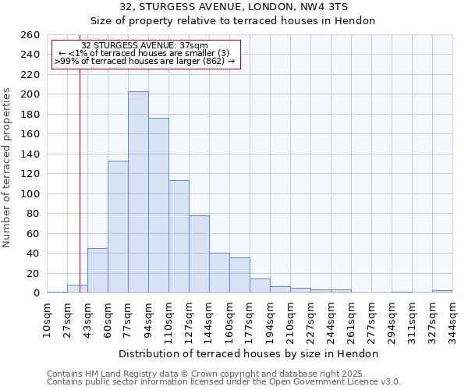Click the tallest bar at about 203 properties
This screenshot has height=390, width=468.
138,192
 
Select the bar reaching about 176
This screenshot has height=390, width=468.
158,205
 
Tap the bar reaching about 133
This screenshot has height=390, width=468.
118,226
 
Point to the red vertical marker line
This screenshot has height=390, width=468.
80,172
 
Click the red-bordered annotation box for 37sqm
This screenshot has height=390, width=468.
145,53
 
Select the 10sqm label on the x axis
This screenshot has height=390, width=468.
48,319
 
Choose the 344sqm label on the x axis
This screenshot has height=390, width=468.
452,319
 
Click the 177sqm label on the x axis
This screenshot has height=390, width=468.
250,319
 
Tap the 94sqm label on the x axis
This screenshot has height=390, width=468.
148,319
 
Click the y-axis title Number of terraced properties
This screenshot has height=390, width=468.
8,167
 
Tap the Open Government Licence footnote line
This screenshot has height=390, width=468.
224,382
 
